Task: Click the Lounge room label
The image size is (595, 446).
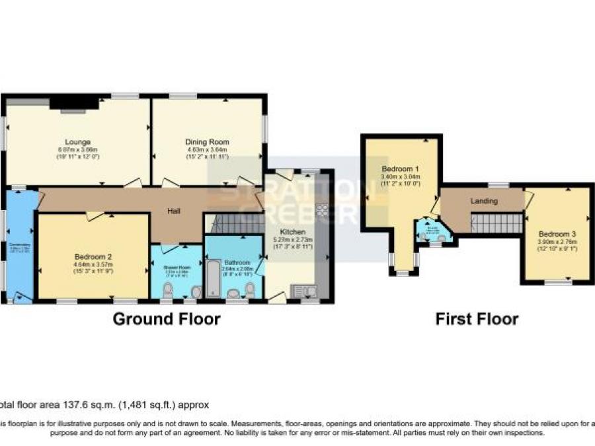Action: click(x=77, y=141)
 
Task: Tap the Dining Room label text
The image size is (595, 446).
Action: click(x=206, y=141)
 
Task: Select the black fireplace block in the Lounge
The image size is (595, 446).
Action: click(x=73, y=102)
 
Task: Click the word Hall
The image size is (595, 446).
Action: click(x=174, y=211)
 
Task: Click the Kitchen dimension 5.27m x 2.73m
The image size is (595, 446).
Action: click(x=292, y=239)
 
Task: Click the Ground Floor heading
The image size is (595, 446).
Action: click(x=166, y=319)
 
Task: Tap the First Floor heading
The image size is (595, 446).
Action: click(x=476, y=319)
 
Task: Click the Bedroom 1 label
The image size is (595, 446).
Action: click(x=400, y=169)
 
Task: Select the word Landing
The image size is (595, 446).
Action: click(x=483, y=201)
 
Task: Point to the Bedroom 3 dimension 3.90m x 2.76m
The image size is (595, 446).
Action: click(x=557, y=241)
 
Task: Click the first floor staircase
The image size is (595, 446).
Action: click(x=496, y=223)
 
